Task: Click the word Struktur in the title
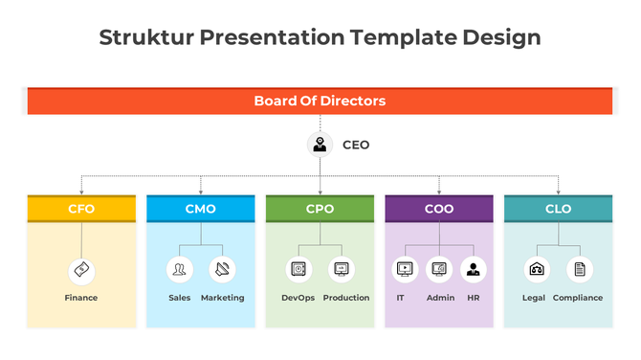click(144, 37)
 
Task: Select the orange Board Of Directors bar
click(320, 101)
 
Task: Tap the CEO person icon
click(320, 146)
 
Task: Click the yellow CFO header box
click(81, 209)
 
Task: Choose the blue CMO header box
click(201, 209)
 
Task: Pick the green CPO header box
click(320, 209)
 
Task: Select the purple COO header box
click(439, 209)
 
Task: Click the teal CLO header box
click(559, 209)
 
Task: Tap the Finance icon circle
click(81, 270)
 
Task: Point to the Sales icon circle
click(179, 270)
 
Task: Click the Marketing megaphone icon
click(222, 270)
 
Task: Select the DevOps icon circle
click(298, 270)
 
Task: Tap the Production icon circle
click(342, 270)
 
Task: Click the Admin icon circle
click(439, 270)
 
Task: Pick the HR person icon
click(473, 270)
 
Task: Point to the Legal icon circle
click(537, 270)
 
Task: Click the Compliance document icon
click(580, 270)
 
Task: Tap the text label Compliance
click(578, 298)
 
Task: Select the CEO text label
click(356, 146)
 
